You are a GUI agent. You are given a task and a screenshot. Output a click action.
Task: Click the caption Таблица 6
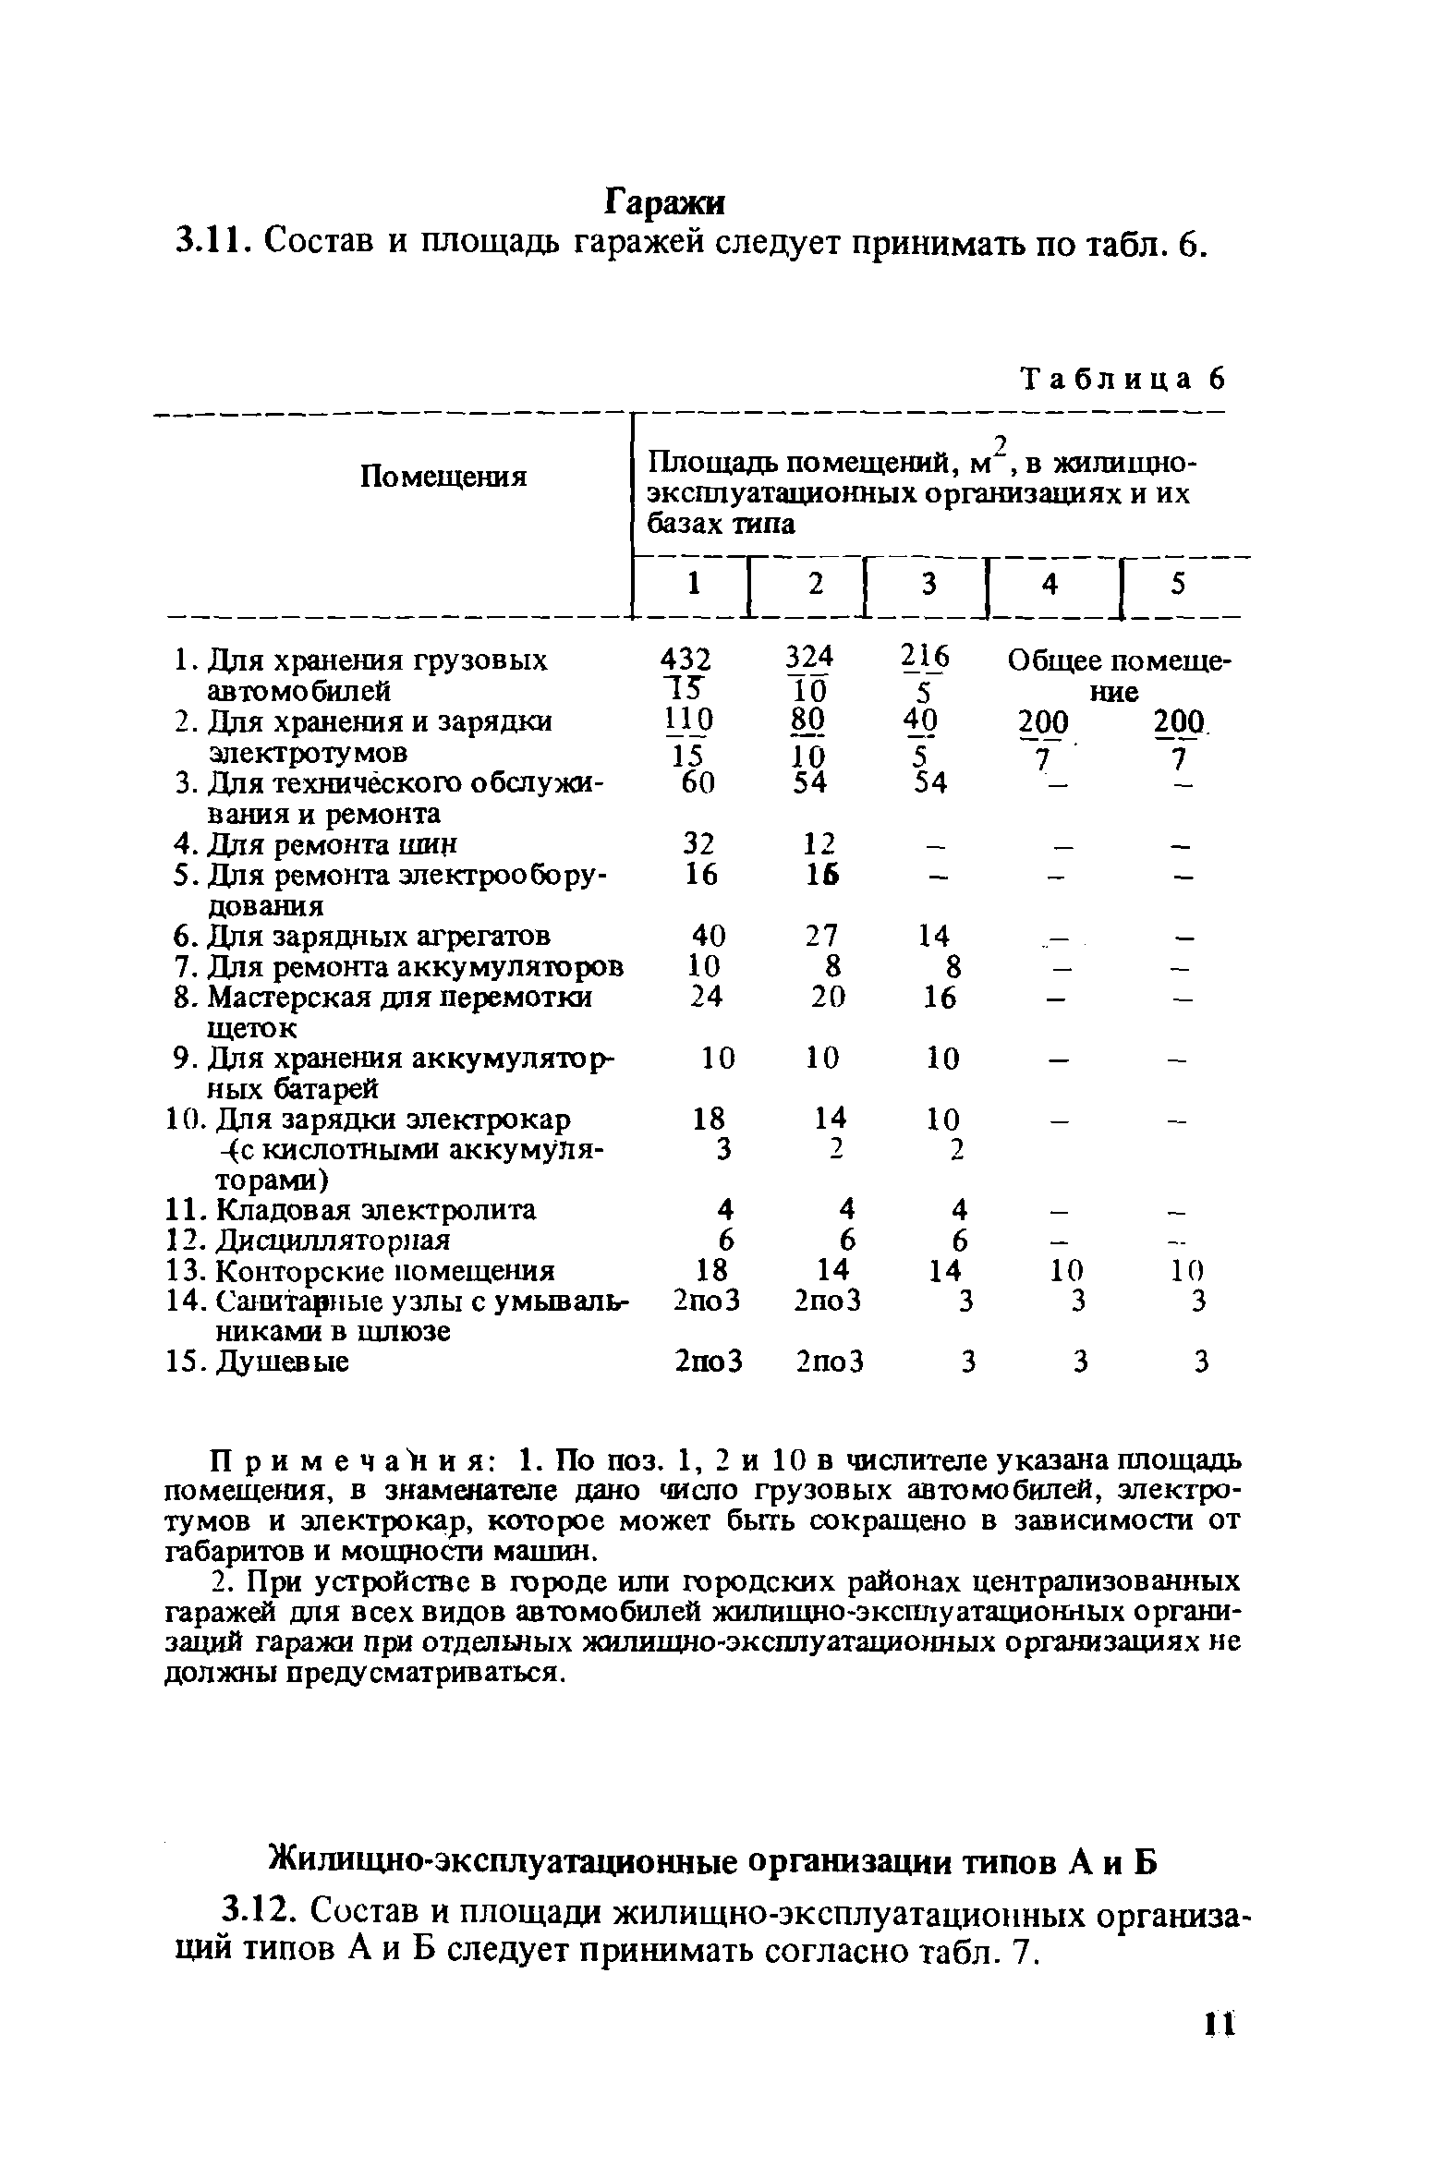(x=1122, y=379)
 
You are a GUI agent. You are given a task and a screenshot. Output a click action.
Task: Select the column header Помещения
(x=443, y=478)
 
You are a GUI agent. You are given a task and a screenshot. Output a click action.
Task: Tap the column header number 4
(x=1049, y=586)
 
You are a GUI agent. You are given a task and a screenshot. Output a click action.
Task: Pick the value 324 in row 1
(x=808, y=658)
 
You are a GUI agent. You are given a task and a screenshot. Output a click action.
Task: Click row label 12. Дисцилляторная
(x=321, y=1240)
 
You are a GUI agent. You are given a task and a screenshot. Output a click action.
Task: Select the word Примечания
(x=337, y=1460)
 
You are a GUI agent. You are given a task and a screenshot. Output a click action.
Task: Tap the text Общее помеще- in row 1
(x=1121, y=661)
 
